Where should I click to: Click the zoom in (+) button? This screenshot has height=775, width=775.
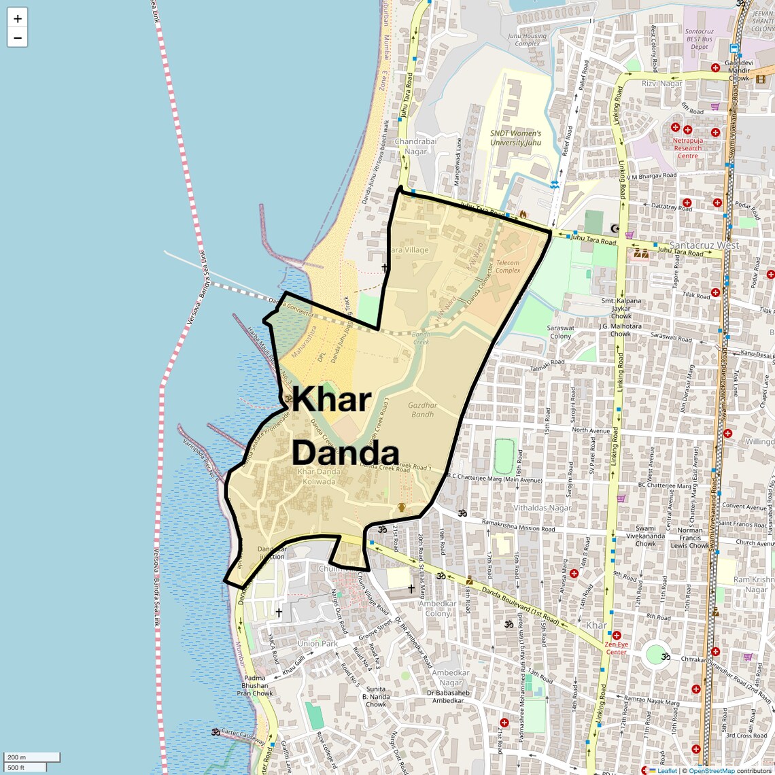(18, 18)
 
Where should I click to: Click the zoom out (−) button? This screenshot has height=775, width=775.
(18, 38)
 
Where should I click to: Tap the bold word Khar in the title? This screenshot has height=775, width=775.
(332, 399)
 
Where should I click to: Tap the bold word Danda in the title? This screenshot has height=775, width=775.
(345, 453)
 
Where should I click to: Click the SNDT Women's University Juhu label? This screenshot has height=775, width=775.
(516, 138)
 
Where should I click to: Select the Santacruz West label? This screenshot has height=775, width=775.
(704, 245)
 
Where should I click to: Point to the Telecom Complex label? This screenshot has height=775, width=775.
(508, 266)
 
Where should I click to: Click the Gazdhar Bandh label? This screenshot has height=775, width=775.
(422, 410)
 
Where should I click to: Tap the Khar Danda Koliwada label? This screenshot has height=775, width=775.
(319, 477)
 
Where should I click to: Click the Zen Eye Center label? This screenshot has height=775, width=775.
(617, 647)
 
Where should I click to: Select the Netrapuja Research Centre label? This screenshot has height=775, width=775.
(687, 148)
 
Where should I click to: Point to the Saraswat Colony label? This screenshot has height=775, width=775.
(561, 332)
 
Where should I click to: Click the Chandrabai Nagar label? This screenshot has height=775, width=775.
(415, 147)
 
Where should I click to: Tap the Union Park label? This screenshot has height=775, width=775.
(317, 643)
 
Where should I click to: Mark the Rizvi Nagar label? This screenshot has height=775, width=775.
(661, 83)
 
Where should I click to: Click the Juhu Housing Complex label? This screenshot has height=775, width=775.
(527, 39)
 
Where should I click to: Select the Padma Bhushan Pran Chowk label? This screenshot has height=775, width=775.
(255, 685)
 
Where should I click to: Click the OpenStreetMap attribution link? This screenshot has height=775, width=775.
(711, 771)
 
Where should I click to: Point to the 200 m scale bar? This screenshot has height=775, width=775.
(32, 757)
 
